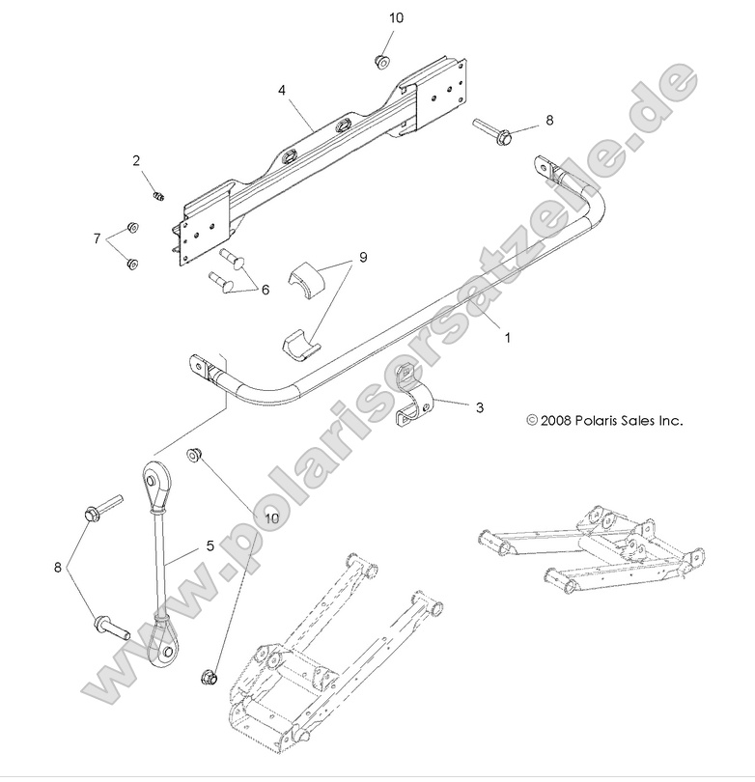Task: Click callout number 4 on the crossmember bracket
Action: [x=281, y=90]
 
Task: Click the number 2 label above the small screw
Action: [x=137, y=160]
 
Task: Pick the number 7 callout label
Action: [x=97, y=237]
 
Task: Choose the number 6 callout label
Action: [x=266, y=288]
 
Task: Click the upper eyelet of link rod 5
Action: [x=153, y=475]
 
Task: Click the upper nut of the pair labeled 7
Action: [x=133, y=228]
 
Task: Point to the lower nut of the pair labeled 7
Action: [x=133, y=263]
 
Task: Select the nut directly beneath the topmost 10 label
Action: [x=379, y=60]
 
